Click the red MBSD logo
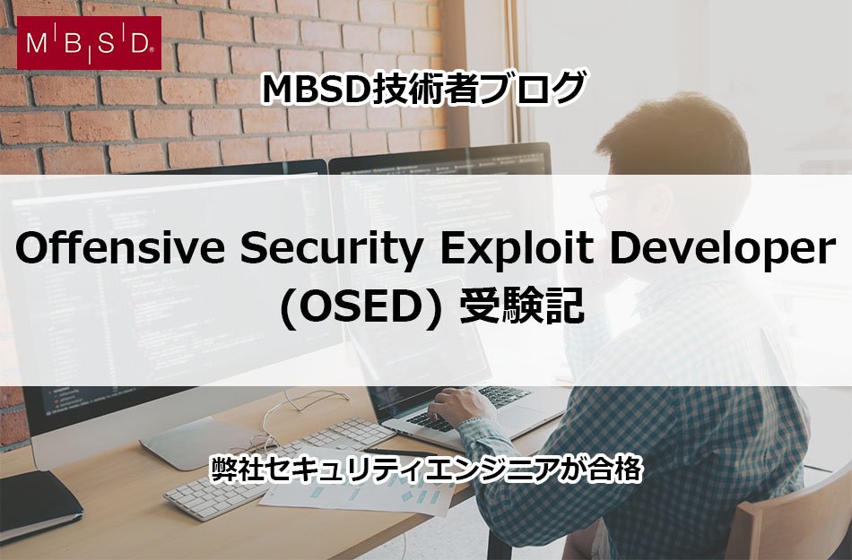coord(89,43)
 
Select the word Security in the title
coord(332,251)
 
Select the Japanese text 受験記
coord(522,306)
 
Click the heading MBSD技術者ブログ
coord(424,90)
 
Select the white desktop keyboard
coord(280,467)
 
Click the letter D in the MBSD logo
coord(139,43)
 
